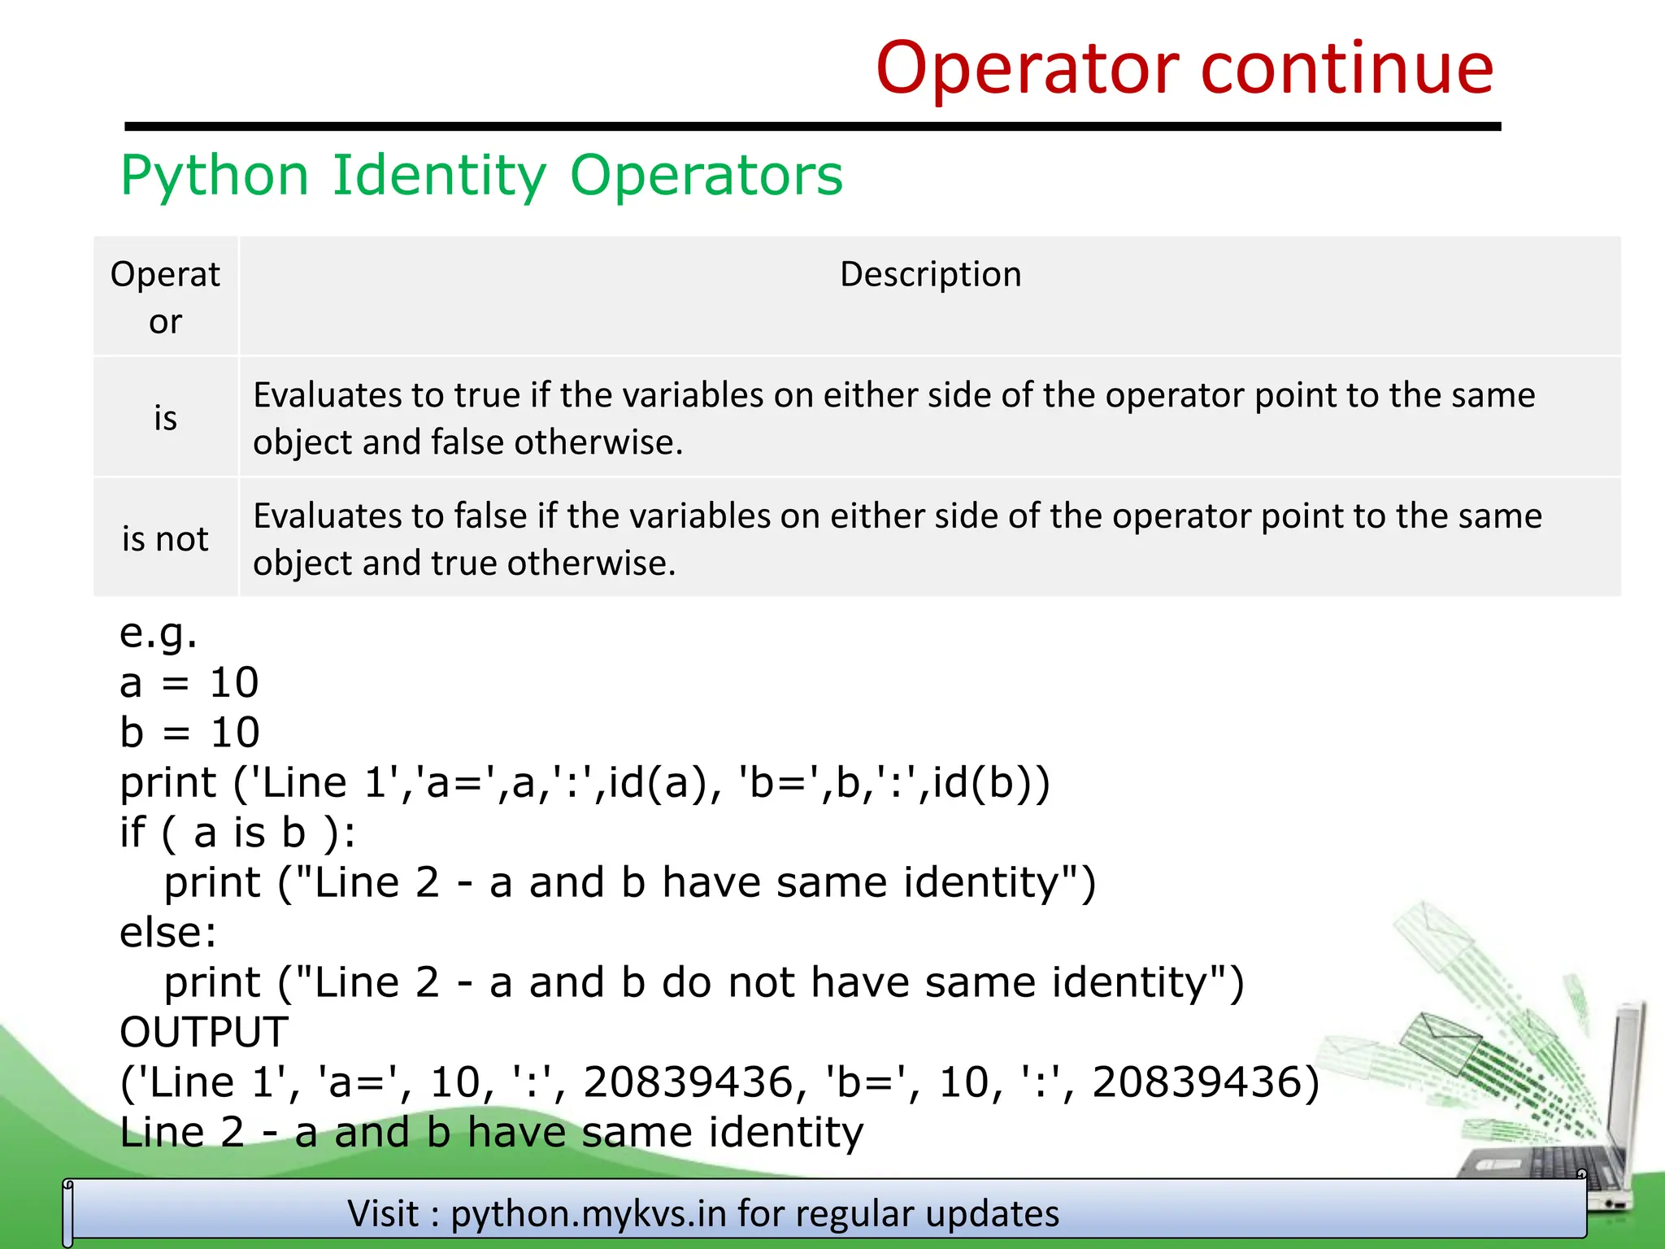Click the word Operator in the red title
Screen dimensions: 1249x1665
click(1028, 69)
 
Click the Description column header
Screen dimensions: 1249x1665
click(930, 275)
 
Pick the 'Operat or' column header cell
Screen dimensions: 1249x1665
click(165, 297)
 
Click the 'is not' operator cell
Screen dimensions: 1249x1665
click(165, 539)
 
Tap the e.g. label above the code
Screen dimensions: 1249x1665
click(158, 633)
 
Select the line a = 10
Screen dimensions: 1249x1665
click(189, 682)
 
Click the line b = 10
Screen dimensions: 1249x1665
click(189, 733)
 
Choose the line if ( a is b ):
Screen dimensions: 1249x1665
click(237, 833)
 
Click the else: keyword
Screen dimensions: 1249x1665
click(167, 933)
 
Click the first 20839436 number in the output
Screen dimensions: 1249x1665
click(688, 1082)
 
